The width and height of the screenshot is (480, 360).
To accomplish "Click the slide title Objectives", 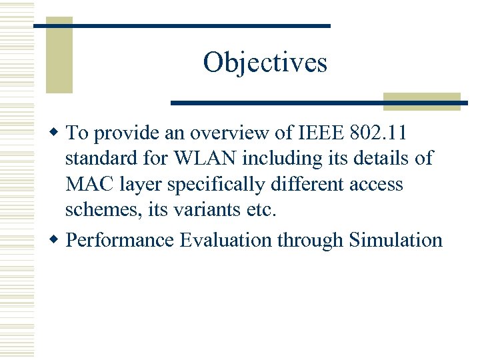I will point(265,63).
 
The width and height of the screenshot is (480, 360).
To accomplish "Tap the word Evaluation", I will point(227,240).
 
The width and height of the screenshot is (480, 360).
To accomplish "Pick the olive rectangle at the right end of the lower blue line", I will point(421,101).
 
